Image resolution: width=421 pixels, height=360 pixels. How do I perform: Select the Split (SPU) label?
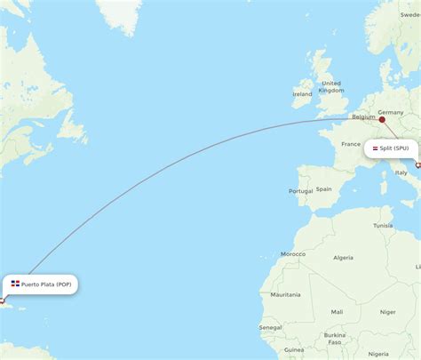(394, 148)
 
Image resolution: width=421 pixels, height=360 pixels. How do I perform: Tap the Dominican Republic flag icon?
(16, 284)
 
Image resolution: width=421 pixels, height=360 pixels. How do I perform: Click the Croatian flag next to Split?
(376, 148)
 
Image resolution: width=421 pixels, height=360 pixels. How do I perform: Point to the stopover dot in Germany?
(382, 119)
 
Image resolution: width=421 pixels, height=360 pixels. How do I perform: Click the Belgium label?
(363, 116)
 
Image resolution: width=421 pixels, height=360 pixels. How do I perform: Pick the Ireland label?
(302, 93)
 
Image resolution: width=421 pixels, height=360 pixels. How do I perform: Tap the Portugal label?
(298, 192)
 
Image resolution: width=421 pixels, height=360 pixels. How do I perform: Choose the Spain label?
(323, 188)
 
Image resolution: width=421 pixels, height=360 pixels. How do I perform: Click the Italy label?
(401, 172)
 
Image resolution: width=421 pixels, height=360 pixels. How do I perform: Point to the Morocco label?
(293, 253)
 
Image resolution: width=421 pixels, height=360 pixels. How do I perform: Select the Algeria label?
(342, 258)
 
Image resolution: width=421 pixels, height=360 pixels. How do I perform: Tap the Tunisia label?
(383, 226)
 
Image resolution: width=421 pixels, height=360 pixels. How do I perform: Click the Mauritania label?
(285, 294)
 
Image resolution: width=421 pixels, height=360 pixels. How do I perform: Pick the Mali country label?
(337, 311)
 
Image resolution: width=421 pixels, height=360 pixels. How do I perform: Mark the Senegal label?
(271, 328)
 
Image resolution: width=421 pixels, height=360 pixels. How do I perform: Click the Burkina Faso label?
(334, 339)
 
